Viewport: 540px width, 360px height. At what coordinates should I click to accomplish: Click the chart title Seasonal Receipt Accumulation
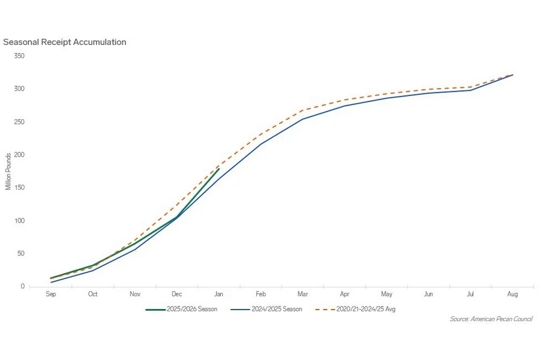point(65,43)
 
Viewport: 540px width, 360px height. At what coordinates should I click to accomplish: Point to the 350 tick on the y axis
point(19,56)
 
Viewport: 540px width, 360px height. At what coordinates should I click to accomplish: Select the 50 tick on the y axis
point(21,254)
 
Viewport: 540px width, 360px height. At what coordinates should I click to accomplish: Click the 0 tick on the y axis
point(23,286)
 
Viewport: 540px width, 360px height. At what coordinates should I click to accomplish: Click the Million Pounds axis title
point(8,171)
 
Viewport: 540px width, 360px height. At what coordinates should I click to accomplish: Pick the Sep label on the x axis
point(51,295)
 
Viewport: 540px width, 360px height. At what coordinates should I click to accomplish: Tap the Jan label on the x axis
point(219,295)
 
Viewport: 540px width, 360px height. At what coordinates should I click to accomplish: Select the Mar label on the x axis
point(303,295)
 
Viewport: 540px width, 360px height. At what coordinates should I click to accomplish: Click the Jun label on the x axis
point(428,295)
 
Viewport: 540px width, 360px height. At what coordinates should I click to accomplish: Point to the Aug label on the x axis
point(512,295)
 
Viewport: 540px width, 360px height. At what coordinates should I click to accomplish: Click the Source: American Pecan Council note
point(491,319)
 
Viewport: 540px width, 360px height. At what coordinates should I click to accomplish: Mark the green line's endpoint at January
point(219,169)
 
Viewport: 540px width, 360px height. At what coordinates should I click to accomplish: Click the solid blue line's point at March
point(303,119)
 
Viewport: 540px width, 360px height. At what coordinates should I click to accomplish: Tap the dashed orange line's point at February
point(261,133)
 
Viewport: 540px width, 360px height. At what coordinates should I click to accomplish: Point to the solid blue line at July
point(470,90)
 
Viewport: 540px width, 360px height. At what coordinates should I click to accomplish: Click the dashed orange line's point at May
point(386,94)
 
